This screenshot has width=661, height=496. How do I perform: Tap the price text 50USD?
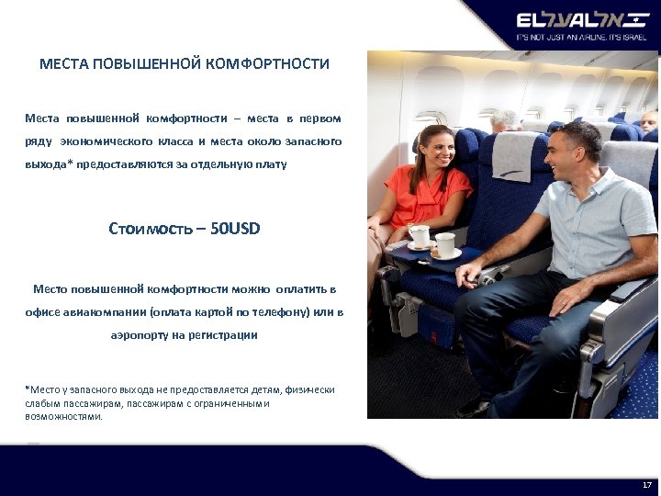[x=235, y=228]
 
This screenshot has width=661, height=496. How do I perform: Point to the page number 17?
[x=646, y=484]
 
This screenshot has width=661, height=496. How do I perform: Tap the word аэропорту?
[x=143, y=335]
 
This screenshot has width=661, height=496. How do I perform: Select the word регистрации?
[x=224, y=335]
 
